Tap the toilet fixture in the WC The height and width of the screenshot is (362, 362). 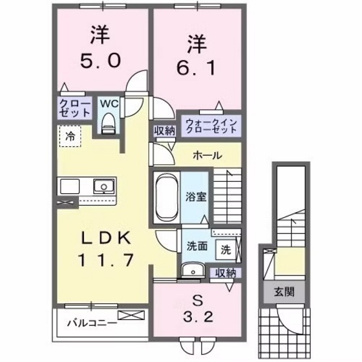tap(108, 121)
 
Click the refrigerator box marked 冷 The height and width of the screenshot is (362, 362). tap(69, 137)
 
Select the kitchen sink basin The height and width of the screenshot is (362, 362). tap(102, 187)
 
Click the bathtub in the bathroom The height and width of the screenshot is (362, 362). tap(167, 196)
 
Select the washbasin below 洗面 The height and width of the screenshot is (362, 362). tap(191, 270)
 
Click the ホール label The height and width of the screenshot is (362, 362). tap(208, 156)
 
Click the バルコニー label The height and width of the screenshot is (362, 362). tap(90, 321)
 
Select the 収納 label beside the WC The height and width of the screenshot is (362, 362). tap(164, 130)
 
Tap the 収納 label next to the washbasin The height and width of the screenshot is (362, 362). tap(226, 272)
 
